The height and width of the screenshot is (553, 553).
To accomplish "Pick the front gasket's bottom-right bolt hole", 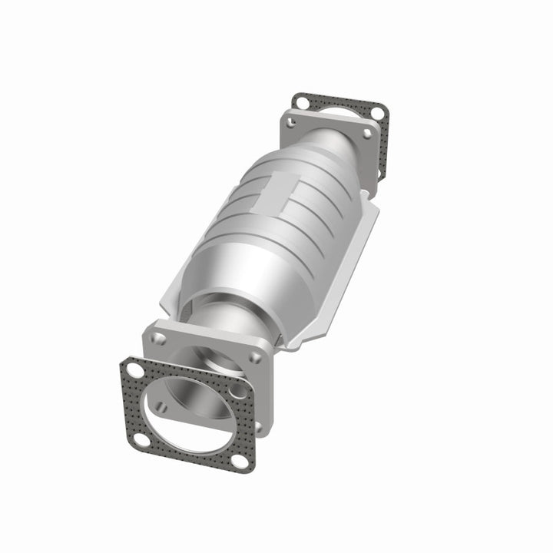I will [x=240, y=461].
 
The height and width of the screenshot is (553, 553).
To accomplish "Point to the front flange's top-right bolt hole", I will [x=259, y=356].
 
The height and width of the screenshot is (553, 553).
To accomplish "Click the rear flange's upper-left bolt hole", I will [x=292, y=120].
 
